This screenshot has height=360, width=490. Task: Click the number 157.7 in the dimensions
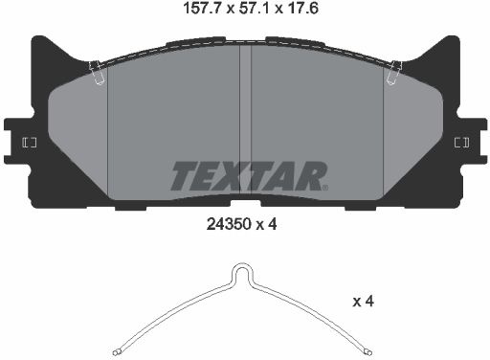tap(202, 9)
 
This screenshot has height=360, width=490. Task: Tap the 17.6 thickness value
tap(303, 9)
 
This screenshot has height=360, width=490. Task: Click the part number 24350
tap(230, 225)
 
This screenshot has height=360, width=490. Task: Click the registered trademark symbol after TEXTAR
tap(324, 188)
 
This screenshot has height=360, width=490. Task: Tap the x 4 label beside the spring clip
tap(363, 302)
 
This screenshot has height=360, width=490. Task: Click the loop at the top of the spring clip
tap(242, 273)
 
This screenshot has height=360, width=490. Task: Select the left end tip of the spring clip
tap(116, 352)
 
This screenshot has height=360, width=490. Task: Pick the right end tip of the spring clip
tap(368, 352)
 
